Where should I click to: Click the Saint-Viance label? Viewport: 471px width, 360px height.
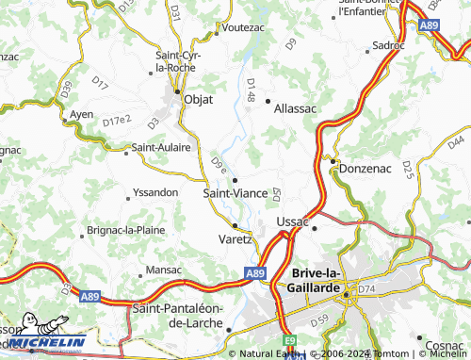tap(235, 192)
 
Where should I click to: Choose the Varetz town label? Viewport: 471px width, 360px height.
tap(235, 238)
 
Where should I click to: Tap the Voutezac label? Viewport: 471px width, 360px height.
tap(243, 28)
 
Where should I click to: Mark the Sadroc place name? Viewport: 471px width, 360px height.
tap(388, 45)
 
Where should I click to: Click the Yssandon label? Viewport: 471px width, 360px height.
tap(157, 192)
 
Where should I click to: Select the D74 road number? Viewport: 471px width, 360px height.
tap(366, 287)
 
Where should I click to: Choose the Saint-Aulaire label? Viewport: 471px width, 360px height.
tap(161, 147)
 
